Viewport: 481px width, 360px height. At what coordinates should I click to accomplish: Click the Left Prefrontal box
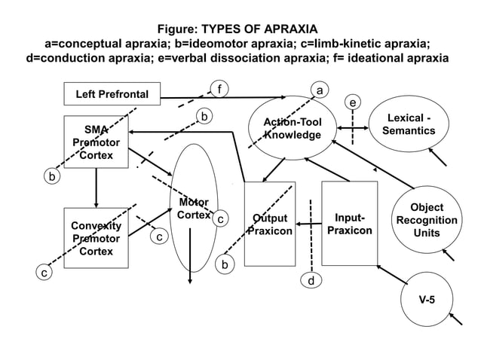[x=112, y=94]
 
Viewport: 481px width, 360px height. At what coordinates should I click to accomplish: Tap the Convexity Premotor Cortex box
[x=96, y=238]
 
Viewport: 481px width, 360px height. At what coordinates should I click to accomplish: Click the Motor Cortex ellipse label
[x=194, y=209]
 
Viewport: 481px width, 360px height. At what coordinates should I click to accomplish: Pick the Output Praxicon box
[x=269, y=224]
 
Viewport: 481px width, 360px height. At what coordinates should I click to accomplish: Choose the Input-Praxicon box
[x=349, y=224]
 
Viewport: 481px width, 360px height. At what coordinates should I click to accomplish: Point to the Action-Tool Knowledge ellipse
[x=293, y=128]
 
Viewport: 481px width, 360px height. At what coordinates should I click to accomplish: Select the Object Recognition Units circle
[x=427, y=220]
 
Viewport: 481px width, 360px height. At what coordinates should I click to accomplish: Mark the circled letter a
[x=320, y=91]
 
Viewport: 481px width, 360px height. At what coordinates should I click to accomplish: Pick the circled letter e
[x=352, y=102]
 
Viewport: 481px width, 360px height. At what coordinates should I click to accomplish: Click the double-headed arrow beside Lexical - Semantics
[x=353, y=128]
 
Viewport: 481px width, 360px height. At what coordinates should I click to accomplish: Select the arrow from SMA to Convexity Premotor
[x=96, y=188]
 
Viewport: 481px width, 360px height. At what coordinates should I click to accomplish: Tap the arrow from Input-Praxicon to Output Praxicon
[x=308, y=224]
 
